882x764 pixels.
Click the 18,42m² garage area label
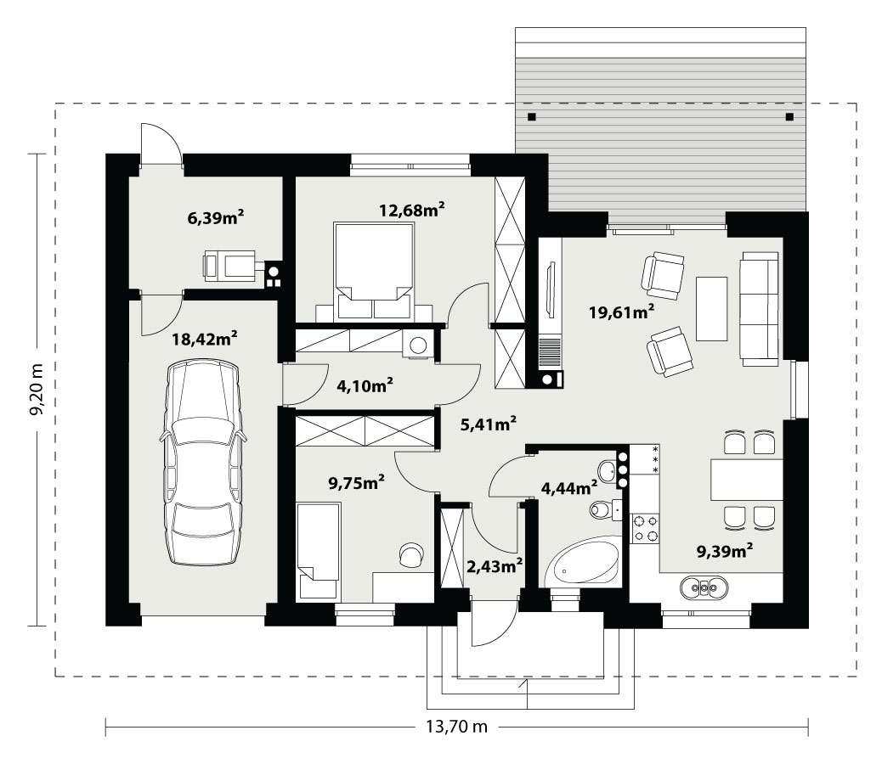click(204, 339)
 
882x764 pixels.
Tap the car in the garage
click(204, 463)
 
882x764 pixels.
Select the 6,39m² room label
click(216, 216)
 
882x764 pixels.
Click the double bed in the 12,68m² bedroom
click(374, 272)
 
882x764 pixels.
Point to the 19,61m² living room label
click(621, 312)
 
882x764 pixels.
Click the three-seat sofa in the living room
click(760, 308)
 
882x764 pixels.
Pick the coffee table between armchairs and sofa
click(711, 308)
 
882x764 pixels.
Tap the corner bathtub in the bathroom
click(583, 562)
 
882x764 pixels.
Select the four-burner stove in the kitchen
click(645, 528)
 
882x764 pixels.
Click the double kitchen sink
click(704, 587)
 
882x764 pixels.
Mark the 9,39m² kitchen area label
click(725, 551)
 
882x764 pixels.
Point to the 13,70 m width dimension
click(456, 727)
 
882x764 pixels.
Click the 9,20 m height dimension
click(37, 390)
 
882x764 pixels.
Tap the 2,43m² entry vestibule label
click(495, 565)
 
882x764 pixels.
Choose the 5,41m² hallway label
click(489, 424)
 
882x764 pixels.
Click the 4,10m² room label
click(365, 385)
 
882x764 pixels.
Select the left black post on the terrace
click(532, 117)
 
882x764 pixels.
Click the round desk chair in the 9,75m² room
click(411, 553)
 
